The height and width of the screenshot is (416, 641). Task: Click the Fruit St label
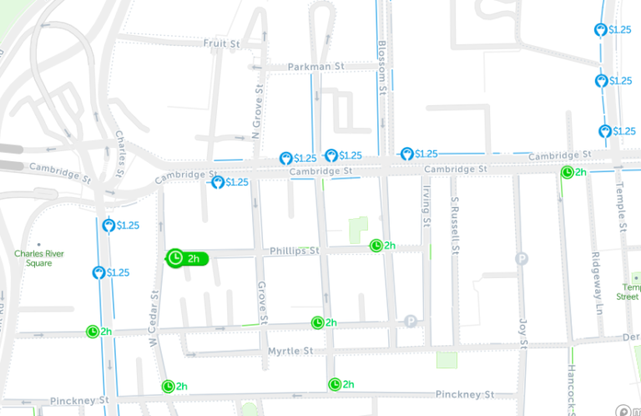pyautogui.click(x=221, y=43)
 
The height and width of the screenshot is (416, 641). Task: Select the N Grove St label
pyautogui.click(x=258, y=111)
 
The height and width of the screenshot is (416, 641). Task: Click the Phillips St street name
pyautogui.click(x=294, y=251)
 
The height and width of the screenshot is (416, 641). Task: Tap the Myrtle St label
pyautogui.click(x=290, y=351)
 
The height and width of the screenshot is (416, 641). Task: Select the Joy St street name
pyautogui.click(x=523, y=331)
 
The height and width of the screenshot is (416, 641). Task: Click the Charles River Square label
pyautogui.click(x=39, y=258)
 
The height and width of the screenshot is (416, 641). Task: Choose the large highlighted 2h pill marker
pyautogui.click(x=185, y=258)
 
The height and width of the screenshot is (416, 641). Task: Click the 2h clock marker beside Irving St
pyautogui.click(x=383, y=246)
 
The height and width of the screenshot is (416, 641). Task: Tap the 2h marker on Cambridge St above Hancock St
pyautogui.click(x=573, y=172)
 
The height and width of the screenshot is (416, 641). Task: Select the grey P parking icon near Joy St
pyautogui.click(x=522, y=258)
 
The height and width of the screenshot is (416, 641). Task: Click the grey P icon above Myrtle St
pyautogui.click(x=410, y=321)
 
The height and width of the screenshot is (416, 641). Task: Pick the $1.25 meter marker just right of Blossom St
pyautogui.click(x=415, y=154)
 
